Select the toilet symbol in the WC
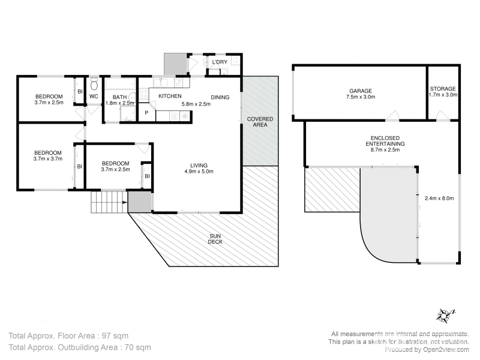tap(94, 85)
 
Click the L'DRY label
tap(219, 62)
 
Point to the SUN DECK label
tap(215, 239)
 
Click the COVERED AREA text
tap(260, 122)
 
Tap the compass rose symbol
tap(445, 314)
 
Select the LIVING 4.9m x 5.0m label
tap(199, 169)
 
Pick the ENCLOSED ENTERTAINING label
tap(385, 144)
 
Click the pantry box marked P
tap(146, 113)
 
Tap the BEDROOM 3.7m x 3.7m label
tap(48, 155)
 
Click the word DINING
tap(220, 97)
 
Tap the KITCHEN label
tap(170, 97)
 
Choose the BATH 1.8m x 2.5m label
tap(119, 100)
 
